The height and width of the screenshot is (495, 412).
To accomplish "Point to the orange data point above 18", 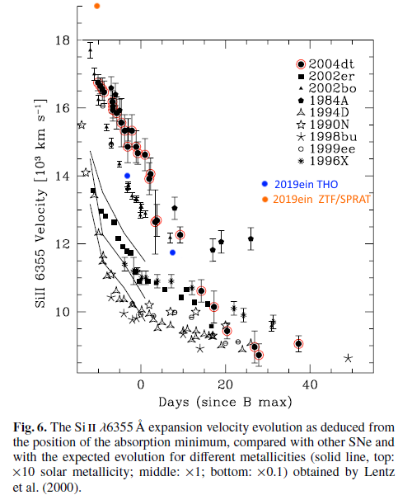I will coord(97,6).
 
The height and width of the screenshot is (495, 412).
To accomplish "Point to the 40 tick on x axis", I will coord(311,384).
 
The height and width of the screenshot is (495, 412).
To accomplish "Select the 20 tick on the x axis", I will coord(226,384).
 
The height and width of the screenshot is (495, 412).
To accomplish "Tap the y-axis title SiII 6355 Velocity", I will coord(39,202).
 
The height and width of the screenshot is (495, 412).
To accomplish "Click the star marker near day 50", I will coord(349,358).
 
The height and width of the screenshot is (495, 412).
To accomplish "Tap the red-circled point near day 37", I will coord(298,344).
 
